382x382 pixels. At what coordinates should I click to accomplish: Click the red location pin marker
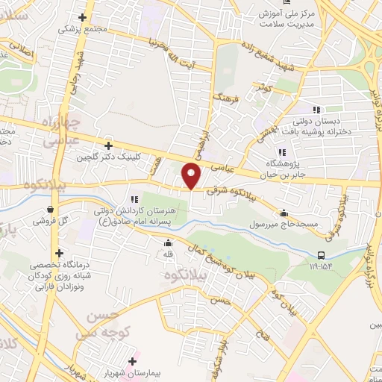pyautogui.click(x=192, y=176)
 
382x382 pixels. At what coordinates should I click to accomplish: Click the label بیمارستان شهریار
pyautogui.click(x=162, y=371)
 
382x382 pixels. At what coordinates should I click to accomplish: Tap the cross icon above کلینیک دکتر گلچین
pyautogui.click(x=109, y=145)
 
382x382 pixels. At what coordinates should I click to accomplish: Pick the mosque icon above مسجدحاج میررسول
pyautogui.click(x=284, y=211)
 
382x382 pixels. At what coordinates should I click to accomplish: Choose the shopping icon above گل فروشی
pyautogui.click(x=49, y=210)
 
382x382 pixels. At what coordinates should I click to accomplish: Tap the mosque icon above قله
pyautogui.click(x=169, y=242)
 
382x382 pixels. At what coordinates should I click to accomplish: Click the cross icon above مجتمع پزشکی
pyautogui.click(x=81, y=16)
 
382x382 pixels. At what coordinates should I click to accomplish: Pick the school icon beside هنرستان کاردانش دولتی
pyautogui.click(x=134, y=198)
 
